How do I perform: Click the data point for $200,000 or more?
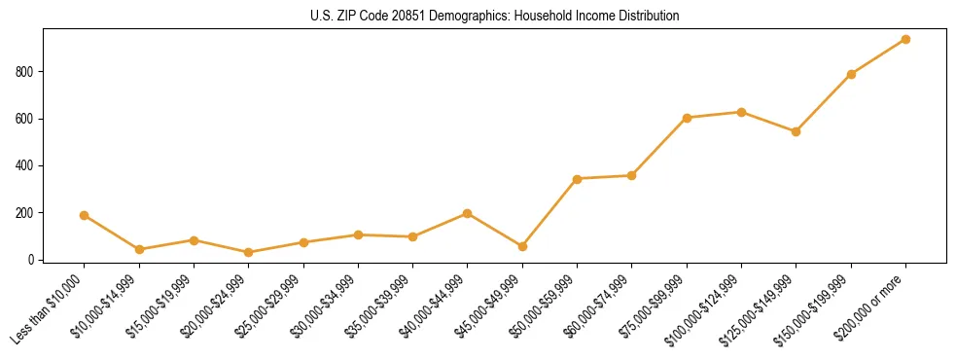click(x=905, y=39)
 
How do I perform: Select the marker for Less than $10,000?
click(x=85, y=215)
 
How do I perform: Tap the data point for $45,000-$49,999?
click(x=522, y=246)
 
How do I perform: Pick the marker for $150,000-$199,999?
click(x=851, y=74)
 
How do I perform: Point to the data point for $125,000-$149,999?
click(x=796, y=131)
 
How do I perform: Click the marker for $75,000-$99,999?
click(x=687, y=118)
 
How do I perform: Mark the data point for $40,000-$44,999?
click(x=468, y=213)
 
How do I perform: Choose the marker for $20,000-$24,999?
click(x=249, y=252)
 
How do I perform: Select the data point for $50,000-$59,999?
click(x=577, y=179)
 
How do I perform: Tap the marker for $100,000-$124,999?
click(x=741, y=112)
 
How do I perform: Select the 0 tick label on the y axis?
click(x=32, y=260)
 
